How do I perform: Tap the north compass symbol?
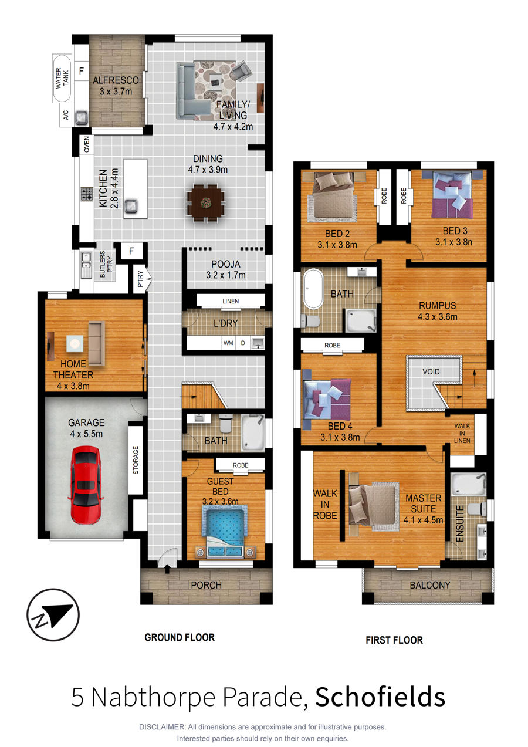tap(53, 614)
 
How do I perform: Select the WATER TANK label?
tap(62, 79)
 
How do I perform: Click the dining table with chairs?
tap(206, 202)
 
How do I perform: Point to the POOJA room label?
tap(226, 264)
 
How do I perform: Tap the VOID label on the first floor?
tap(431, 371)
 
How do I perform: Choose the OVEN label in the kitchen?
tap(87, 144)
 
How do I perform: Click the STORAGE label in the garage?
tap(136, 460)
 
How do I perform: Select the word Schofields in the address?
tap(380, 697)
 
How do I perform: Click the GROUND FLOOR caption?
tap(180, 637)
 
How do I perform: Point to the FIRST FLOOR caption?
tap(394, 640)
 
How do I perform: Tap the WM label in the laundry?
tap(228, 343)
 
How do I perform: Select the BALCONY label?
tap(430, 585)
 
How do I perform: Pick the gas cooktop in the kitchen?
tap(87, 194)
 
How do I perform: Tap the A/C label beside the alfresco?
tap(66, 116)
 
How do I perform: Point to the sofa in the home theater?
tap(97, 344)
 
